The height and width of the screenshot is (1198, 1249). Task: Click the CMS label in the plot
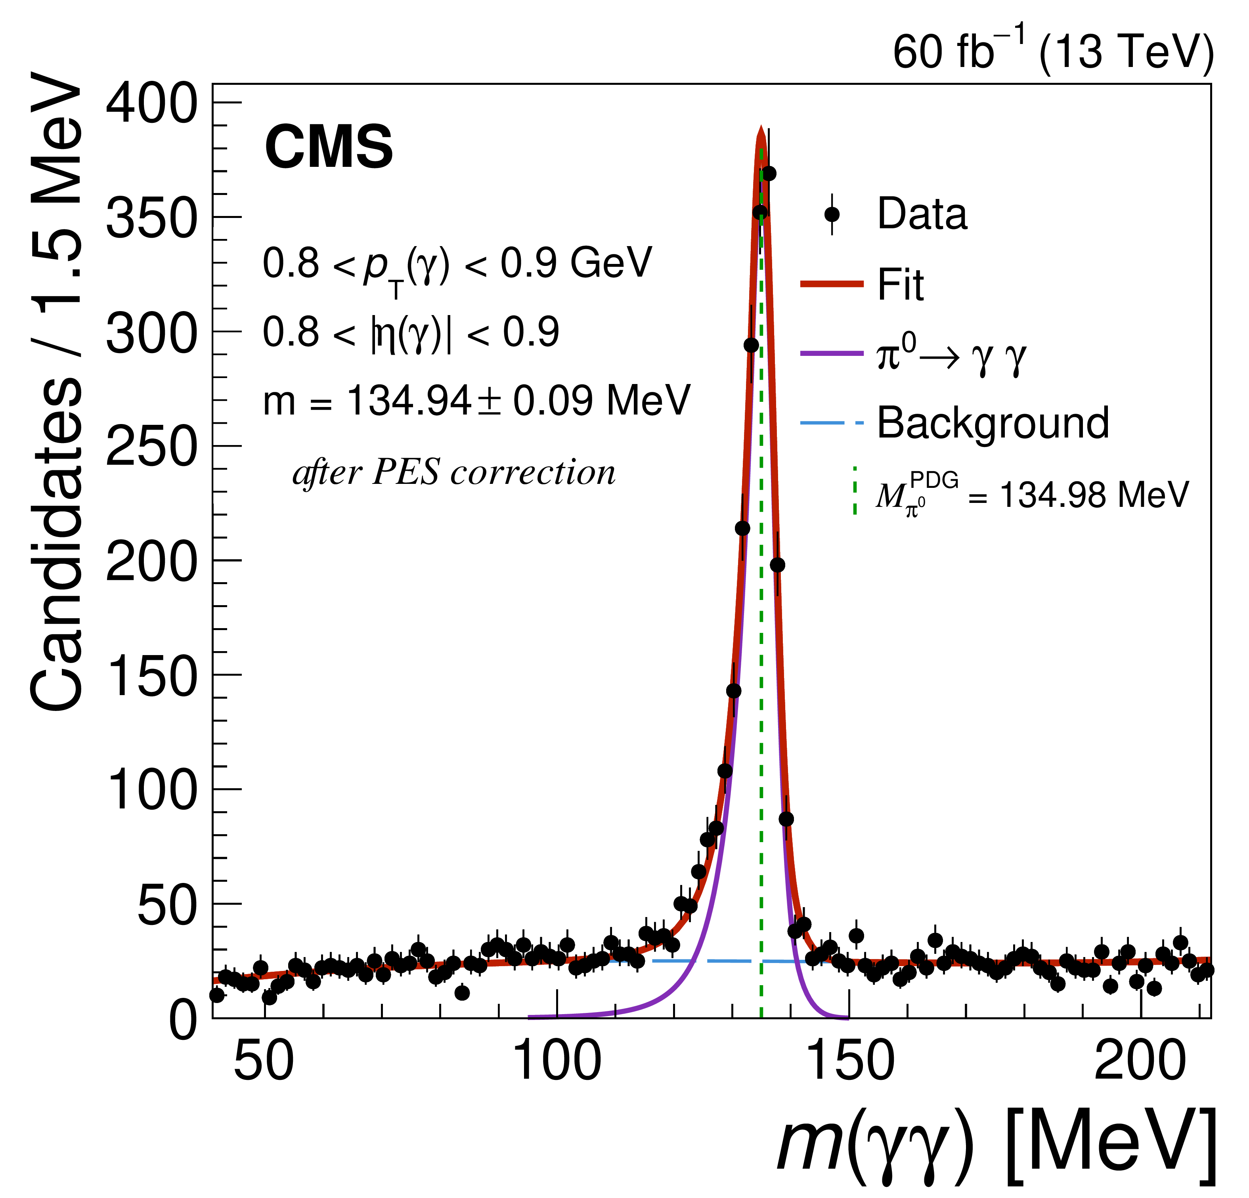coord(329,147)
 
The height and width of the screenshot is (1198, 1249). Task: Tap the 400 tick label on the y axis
coord(152,104)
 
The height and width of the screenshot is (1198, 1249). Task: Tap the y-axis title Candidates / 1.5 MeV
coord(56,392)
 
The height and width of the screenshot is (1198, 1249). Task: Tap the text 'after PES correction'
coord(454,473)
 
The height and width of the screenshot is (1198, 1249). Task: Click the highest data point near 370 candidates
coord(769,173)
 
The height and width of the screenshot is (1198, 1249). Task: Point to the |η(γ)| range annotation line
coord(411,332)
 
